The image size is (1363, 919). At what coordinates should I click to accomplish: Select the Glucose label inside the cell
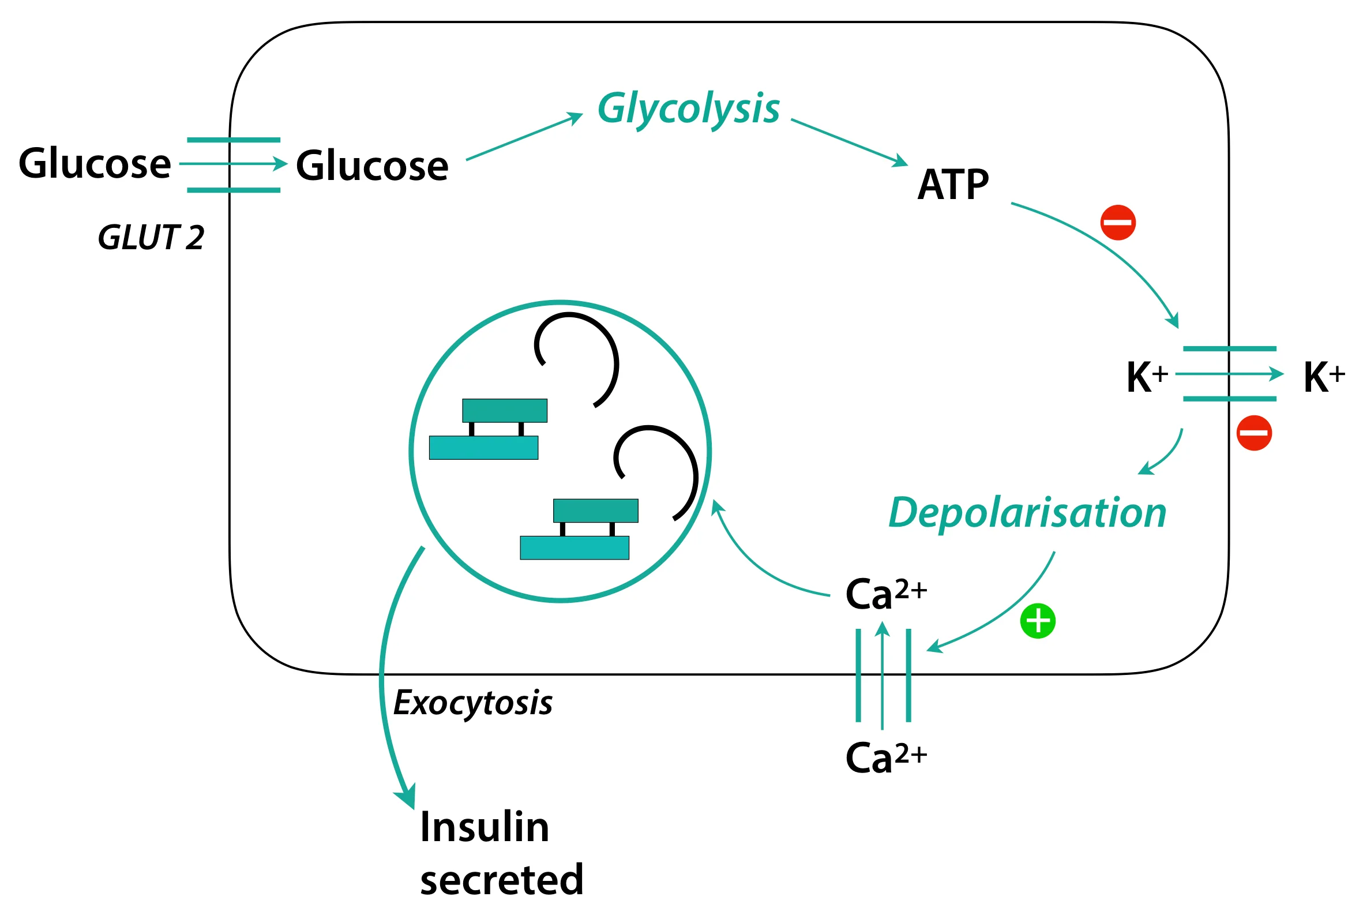372,166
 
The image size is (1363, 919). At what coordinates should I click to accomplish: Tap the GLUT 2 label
151,238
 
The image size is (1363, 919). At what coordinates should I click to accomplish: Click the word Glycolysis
688,110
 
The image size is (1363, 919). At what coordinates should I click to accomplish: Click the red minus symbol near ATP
1118,223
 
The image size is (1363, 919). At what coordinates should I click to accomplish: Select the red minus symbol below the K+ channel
1254,433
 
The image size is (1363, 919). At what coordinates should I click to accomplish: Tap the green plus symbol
1038,621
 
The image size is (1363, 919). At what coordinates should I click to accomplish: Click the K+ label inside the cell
1146,377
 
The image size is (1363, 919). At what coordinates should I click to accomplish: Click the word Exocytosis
472,703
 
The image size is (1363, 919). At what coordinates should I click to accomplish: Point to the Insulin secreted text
501,853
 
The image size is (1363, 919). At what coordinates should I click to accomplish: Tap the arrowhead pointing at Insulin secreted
407,797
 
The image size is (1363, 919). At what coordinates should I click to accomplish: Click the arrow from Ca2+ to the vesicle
756,563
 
